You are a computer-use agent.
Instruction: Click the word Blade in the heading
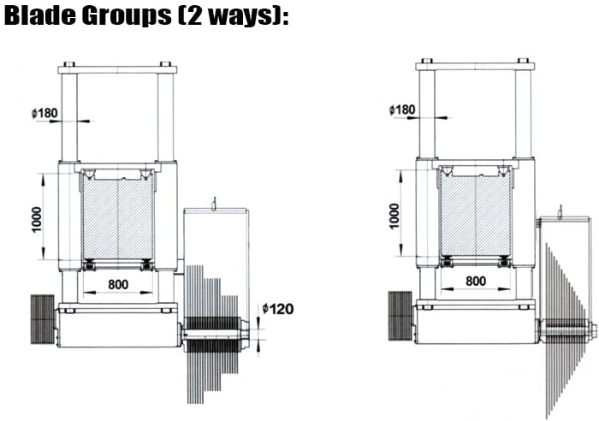coord(39,15)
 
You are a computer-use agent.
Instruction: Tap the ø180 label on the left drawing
coord(44,113)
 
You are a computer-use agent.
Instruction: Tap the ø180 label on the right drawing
coord(402,110)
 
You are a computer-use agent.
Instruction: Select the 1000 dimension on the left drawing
coord(37,219)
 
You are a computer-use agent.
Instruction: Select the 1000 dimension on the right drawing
coord(394,216)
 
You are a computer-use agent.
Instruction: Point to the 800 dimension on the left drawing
coord(118,284)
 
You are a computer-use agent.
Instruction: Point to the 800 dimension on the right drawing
coord(476,281)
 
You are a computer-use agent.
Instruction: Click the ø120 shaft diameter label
coord(278,309)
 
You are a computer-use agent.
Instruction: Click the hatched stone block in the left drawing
coord(118,218)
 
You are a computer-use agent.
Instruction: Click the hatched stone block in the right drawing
coord(476,215)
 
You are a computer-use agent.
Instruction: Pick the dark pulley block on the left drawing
coord(43,319)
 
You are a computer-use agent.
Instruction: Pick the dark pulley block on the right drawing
coord(400,316)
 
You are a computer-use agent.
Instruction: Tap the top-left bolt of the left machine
coord(68,64)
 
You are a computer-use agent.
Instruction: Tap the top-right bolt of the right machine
coord(523,61)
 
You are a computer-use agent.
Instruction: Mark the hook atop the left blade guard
coord(214,204)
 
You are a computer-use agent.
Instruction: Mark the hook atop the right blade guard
coord(560,212)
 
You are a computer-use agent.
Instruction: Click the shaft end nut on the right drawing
coord(592,330)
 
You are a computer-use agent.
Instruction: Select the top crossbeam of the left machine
coord(118,70)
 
